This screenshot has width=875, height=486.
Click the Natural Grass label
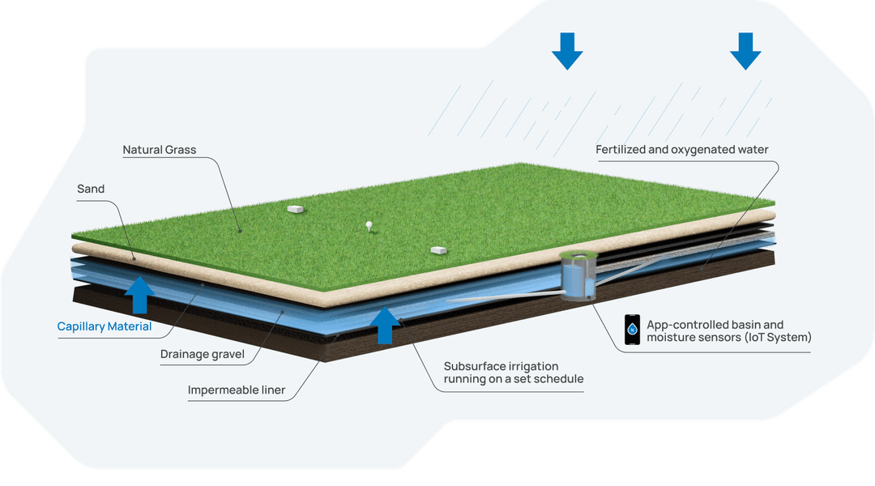pos(160,150)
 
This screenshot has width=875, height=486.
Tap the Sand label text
pos(91,189)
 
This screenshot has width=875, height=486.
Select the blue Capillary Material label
pos(104,327)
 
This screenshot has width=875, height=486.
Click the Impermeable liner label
pos(237,390)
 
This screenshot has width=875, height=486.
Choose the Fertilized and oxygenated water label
pos(682,150)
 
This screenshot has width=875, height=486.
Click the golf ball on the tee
pos(369,224)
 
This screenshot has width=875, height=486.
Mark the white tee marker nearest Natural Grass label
pos(295,209)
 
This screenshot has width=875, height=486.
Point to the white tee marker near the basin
pos(440,249)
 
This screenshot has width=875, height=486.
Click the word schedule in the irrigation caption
pos(560,379)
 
